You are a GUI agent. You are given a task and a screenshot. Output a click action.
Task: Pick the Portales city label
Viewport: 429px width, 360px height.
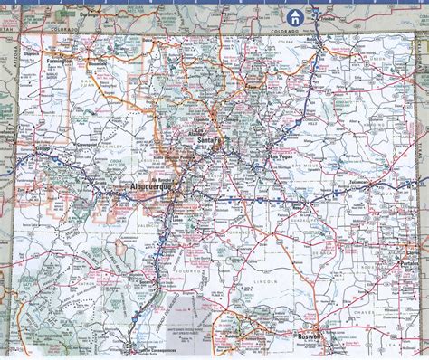coord(405,263)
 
